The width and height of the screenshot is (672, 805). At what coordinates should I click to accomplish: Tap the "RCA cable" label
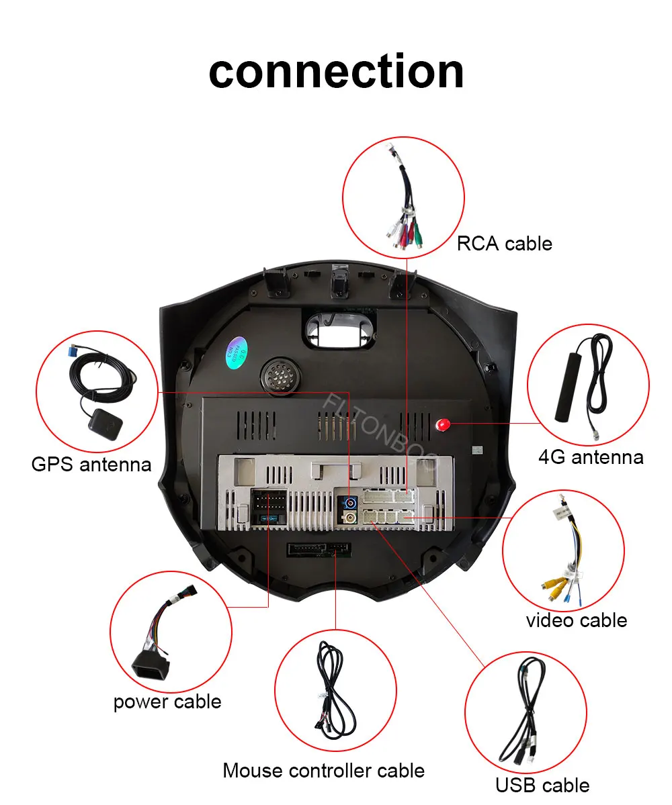tap(504, 243)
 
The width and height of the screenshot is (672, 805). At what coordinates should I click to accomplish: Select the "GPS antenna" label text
tap(91, 464)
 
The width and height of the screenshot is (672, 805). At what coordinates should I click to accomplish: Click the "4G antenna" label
tap(591, 457)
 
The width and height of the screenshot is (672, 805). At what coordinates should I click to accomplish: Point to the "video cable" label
tap(576, 620)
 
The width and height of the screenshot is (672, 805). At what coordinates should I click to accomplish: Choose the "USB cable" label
tap(542, 785)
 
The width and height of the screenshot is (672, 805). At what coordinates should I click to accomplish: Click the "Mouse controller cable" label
tap(323, 770)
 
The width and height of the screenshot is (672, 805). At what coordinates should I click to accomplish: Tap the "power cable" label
tap(167, 702)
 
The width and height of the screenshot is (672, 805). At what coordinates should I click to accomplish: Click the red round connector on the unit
tap(443, 424)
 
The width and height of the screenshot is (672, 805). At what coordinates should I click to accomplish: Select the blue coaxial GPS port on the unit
tap(350, 502)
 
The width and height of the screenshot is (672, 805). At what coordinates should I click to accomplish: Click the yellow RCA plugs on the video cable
tap(555, 587)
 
